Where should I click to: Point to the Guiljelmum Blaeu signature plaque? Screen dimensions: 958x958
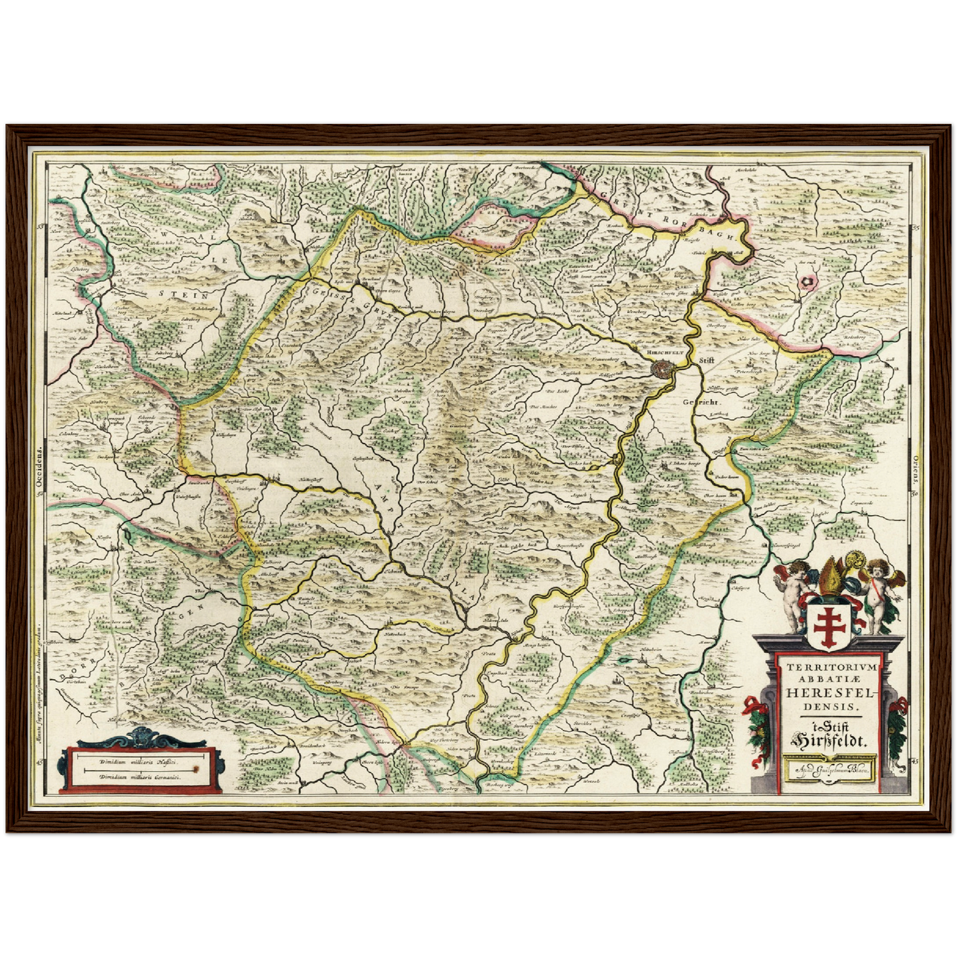coord(829,771)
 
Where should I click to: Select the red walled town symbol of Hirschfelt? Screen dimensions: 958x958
coord(662,367)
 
